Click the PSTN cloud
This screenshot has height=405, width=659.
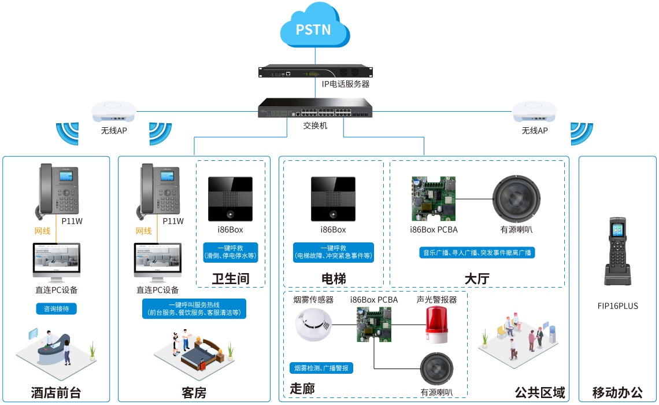[x=314, y=27]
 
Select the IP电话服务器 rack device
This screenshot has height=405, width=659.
[x=316, y=72]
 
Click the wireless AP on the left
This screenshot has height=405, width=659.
[x=113, y=111]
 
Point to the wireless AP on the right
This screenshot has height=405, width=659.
[x=535, y=111]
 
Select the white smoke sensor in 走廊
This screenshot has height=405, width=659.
[x=313, y=325]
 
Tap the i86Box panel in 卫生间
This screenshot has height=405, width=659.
[x=231, y=198]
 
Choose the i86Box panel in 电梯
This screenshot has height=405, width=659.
[x=333, y=198]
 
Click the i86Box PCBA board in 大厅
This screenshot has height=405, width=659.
[x=434, y=198]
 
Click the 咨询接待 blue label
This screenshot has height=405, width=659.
[x=56, y=309]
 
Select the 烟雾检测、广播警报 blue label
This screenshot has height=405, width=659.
[x=321, y=368]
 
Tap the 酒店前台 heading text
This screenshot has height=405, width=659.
[x=56, y=393]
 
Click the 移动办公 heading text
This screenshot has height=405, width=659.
[x=617, y=392]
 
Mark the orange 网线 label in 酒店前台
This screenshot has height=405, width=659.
[x=42, y=231]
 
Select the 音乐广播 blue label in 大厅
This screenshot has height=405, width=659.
[x=477, y=253]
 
